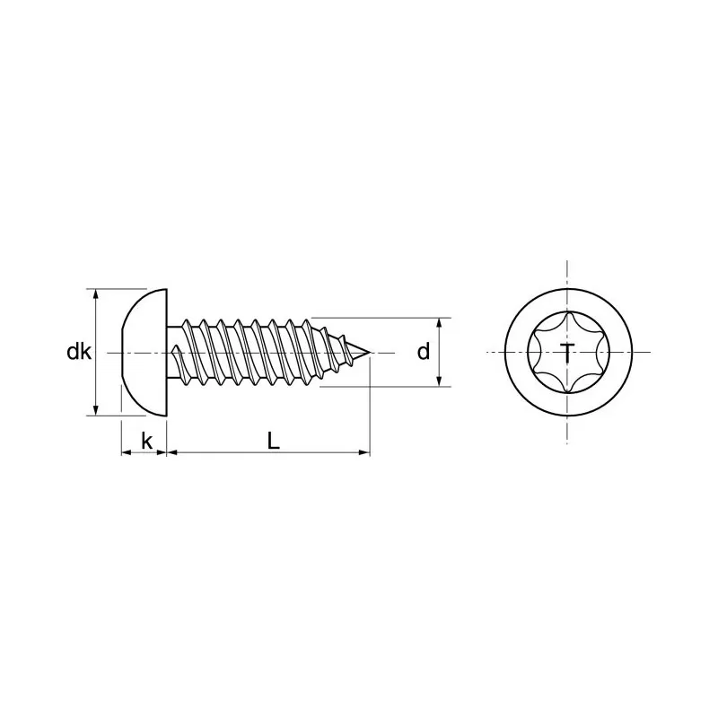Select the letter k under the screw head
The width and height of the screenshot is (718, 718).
pos(145,441)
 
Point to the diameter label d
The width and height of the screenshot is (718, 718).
pos(423,353)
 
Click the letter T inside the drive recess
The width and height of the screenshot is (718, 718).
pos(567,354)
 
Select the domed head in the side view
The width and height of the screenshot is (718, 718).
pos(144,353)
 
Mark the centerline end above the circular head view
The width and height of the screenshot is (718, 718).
pos(567,262)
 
